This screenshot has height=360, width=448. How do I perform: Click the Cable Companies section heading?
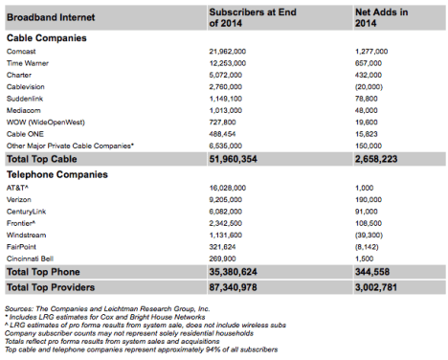coord(55,36)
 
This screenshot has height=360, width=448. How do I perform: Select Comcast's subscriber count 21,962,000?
coord(235,49)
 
